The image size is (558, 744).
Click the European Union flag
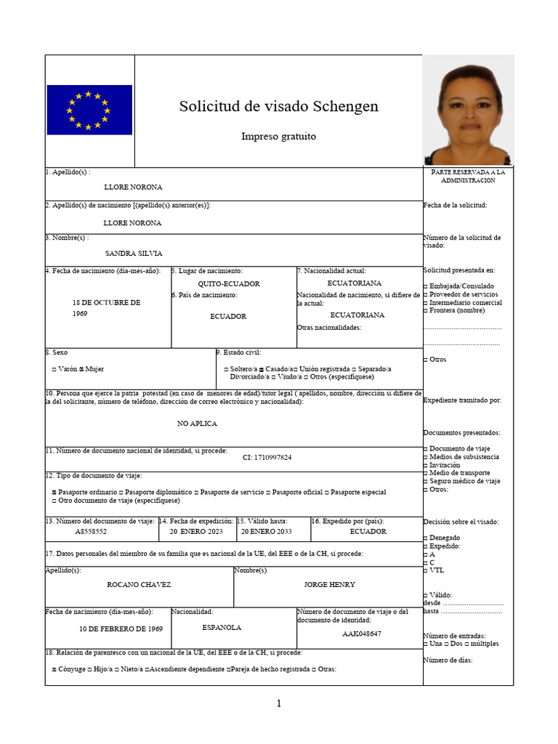click(x=89, y=110)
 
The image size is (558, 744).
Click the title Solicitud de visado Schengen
click(x=278, y=107)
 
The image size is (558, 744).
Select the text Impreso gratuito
click(x=278, y=137)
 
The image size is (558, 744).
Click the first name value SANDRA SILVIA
click(x=134, y=254)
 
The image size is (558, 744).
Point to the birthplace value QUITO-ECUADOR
click(x=229, y=284)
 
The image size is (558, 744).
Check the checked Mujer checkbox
click(x=82, y=369)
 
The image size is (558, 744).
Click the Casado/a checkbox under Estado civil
click(x=262, y=369)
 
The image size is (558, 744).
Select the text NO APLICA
click(x=197, y=423)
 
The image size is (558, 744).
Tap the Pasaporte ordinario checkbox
click(x=54, y=492)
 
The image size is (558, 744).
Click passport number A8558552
click(x=91, y=531)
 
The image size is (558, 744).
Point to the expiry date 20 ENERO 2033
click(x=266, y=531)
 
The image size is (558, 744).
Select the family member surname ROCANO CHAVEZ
click(x=139, y=584)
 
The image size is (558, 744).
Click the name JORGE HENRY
click(x=328, y=584)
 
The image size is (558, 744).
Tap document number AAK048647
click(x=362, y=634)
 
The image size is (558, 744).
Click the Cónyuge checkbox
click(x=54, y=669)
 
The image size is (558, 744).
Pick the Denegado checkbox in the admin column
click(x=426, y=538)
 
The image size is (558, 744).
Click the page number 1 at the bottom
click(x=278, y=703)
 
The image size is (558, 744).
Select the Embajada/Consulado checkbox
click(x=426, y=286)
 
